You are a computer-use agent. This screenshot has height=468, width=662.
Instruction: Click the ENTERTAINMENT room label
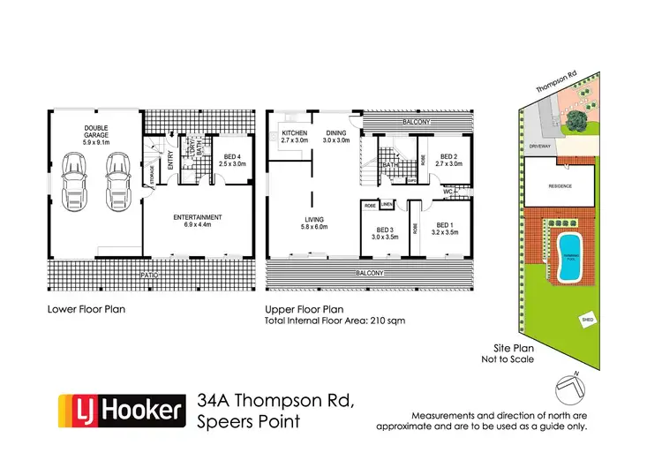tap(197, 217)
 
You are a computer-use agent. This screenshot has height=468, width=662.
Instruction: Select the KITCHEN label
tap(293, 132)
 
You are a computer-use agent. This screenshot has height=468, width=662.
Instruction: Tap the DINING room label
tap(336, 132)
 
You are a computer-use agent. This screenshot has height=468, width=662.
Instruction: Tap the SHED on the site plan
tap(587, 320)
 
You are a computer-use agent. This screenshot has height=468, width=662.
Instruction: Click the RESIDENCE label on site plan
tap(560, 186)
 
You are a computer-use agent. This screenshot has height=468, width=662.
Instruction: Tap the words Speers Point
tap(250, 422)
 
